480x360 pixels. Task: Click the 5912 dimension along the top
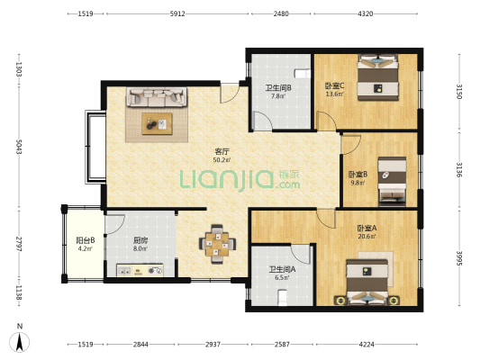point(177,13)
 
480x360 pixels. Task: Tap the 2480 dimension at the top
point(281,13)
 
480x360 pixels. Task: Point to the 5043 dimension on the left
point(19,147)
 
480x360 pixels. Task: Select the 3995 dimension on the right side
point(459,258)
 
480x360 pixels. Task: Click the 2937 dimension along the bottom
point(213,345)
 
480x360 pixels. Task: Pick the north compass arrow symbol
point(20,342)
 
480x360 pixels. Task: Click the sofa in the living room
point(157,97)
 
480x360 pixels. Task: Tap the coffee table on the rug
point(157,123)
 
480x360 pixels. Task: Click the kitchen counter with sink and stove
point(140,271)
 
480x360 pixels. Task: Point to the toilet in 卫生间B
point(303,74)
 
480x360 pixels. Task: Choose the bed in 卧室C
point(378,77)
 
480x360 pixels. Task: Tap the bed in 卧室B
point(392,182)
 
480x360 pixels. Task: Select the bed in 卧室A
point(367,282)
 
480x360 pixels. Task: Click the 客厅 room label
point(222,151)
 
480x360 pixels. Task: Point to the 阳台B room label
point(85,240)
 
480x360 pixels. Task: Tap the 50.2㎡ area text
point(222,159)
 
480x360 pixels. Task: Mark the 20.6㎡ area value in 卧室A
point(367,236)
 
